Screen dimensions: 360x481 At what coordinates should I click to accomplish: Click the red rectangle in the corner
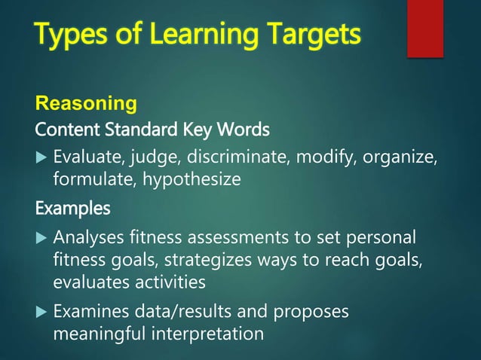pyautogui.click(x=424, y=28)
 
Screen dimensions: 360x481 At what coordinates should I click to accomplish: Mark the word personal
pyautogui.click(x=380, y=237)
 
